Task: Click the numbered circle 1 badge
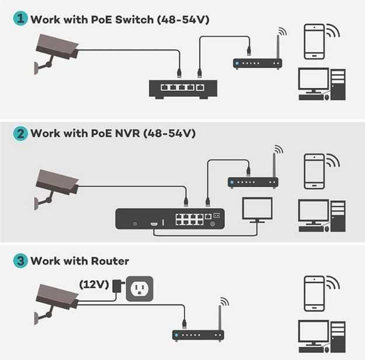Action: tap(20, 19)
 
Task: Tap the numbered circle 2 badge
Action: tap(20, 133)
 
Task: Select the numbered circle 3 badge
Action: tap(20, 261)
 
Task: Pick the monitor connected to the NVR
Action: tap(257, 211)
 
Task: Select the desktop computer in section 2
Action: tap(321, 215)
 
